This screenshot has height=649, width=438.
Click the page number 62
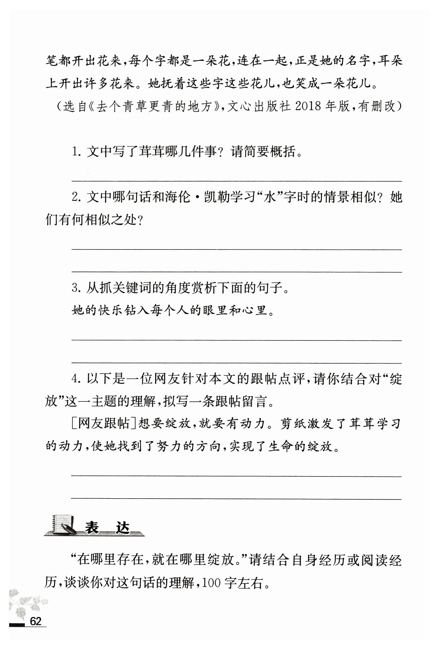pyautogui.click(x=36, y=621)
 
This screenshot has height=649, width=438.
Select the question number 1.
pyautogui.click(x=75, y=152)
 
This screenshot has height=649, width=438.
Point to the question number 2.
pyautogui.click(x=76, y=198)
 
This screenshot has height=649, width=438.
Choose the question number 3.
pyautogui.click(x=76, y=288)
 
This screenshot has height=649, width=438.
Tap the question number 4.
pyautogui.click(x=76, y=379)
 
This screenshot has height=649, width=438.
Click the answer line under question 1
pyautogui.click(x=237, y=180)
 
